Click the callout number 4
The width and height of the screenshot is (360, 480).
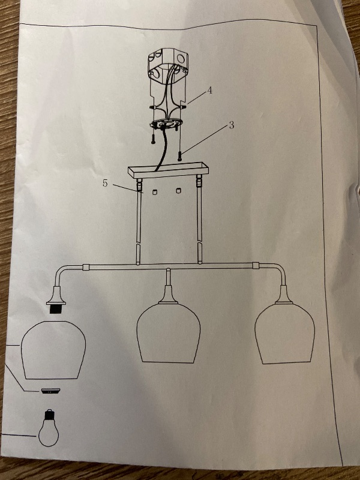click(x=209, y=91)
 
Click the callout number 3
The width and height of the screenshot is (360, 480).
click(x=232, y=125)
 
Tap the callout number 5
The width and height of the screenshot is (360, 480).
click(x=105, y=184)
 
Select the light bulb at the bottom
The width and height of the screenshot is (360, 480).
click(x=49, y=428)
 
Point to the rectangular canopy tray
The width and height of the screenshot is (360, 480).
click(x=168, y=170)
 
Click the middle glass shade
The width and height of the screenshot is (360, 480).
click(x=169, y=333)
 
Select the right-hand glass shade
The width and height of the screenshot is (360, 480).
click(x=284, y=334)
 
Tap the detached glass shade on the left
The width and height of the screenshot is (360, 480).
click(x=53, y=350)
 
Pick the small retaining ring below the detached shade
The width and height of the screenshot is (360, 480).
click(x=50, y=391)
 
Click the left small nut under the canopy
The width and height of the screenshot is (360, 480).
click(x=154, y=191)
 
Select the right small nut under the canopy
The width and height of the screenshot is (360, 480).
click(x=179, y=191)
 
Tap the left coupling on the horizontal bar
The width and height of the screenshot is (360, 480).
click(x=86, y=267)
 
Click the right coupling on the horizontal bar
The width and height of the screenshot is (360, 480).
click(x=256, y=265)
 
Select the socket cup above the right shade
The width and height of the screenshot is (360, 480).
click(x=284, y=295)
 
